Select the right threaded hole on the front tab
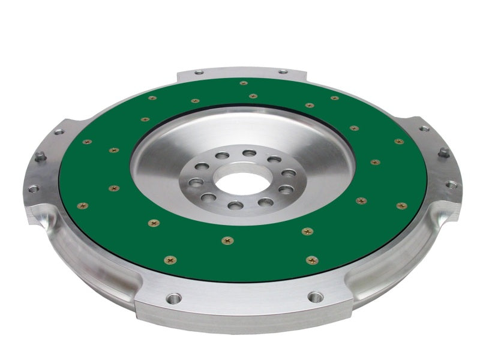315,296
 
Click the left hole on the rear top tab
199,73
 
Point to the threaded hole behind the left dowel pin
58,131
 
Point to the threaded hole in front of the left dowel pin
33,188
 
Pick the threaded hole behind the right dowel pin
424,128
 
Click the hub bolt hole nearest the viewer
236,205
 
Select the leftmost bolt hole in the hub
194,181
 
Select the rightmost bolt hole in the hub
289,173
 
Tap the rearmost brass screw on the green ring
244,83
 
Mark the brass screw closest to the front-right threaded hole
311,260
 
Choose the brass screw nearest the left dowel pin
87,142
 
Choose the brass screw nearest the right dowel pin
399,142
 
